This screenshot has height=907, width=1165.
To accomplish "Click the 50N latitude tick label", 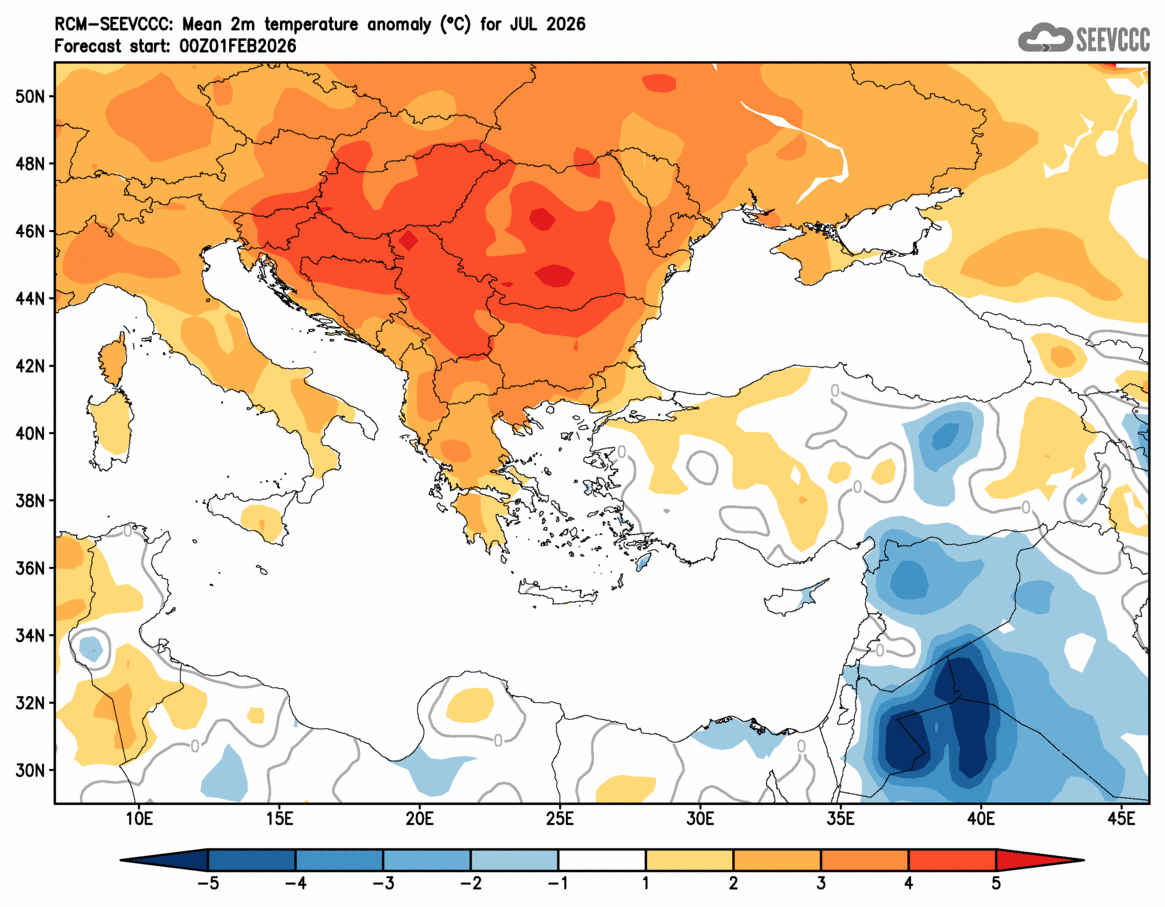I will point(30,96).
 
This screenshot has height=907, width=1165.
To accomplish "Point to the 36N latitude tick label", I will point(30,568).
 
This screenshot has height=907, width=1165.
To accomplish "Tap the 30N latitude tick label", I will point(30,770).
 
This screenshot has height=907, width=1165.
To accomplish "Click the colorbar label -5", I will point(208,884).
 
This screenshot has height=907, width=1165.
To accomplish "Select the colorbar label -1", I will point(558,884).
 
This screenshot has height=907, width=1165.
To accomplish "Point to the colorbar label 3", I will point(821,884).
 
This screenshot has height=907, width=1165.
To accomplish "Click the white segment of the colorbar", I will point(602,859).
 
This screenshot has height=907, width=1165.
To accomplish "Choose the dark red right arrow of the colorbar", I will point(1040,859).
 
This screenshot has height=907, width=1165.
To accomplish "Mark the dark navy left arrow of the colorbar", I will point(165,859).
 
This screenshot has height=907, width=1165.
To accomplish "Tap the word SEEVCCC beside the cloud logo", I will point(1112,40).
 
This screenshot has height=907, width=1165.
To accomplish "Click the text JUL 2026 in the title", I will point(549,22).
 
